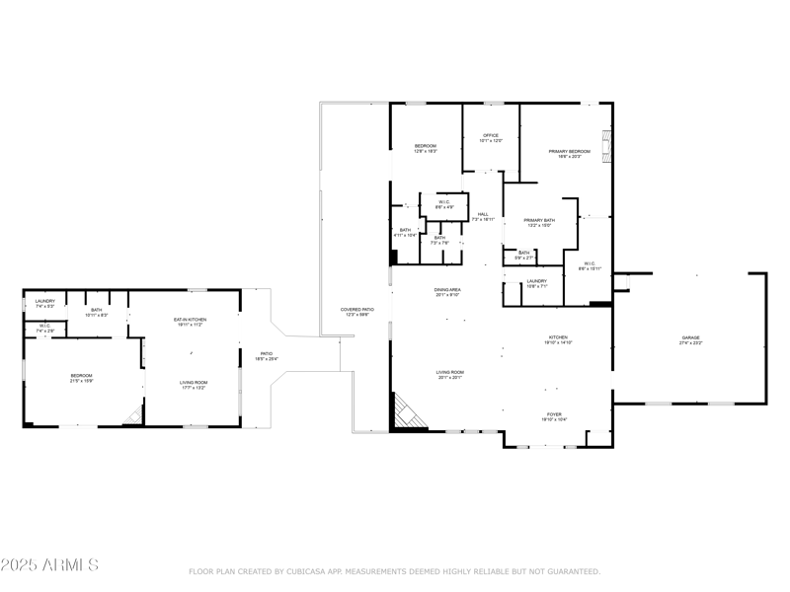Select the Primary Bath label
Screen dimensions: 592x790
[539, 222]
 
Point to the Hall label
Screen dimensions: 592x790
[483, 216]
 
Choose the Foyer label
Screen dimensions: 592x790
[555, 417]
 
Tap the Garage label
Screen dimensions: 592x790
[690, 340]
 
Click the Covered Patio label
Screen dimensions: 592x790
[357, 312]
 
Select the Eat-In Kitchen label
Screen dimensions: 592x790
[189, 322]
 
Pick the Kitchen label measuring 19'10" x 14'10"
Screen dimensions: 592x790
[559, 340]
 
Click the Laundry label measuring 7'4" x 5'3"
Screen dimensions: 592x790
[44, 303]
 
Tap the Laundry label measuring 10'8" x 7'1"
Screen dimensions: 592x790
[536, 283]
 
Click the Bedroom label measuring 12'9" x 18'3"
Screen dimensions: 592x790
[425, 148]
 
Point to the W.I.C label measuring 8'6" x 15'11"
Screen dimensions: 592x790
[589, 265]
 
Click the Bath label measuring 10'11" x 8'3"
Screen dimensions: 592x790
[97, 312]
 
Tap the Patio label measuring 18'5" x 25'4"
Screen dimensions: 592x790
[266, 355]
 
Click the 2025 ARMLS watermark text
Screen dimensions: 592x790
[49, 565]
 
